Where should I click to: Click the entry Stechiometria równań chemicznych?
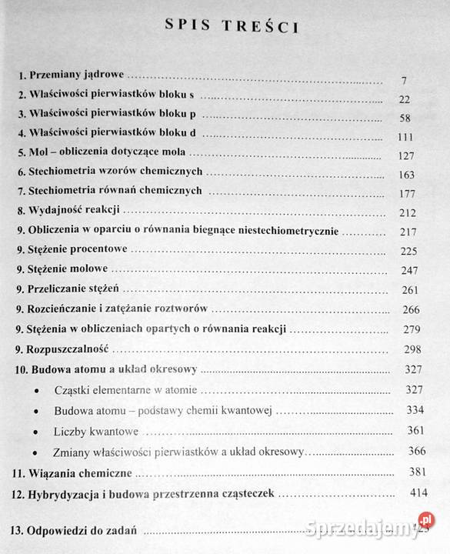[x=110, y=190]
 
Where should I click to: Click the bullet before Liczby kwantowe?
[x=39, y=432]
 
